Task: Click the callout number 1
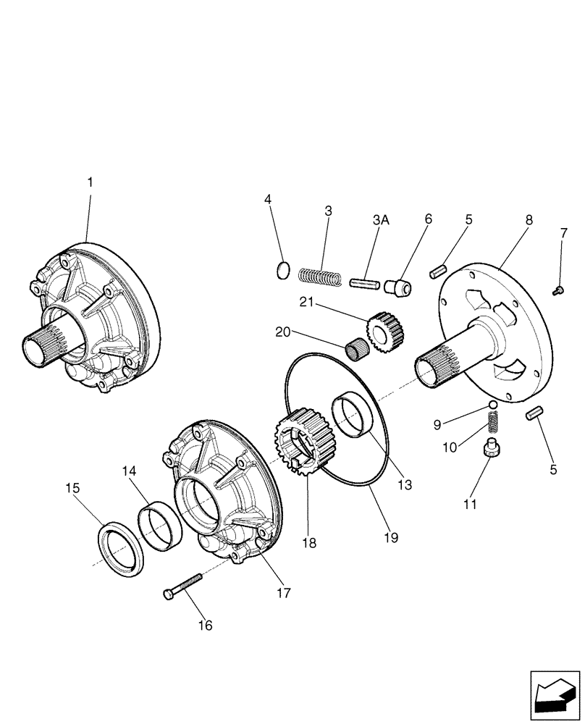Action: (90, 183)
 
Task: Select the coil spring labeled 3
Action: (319, 277)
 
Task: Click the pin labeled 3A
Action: (366, 283)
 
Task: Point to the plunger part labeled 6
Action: (400, 287)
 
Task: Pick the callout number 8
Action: (529, 218)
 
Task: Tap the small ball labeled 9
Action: (492, 404)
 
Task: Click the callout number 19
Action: (392, 538)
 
